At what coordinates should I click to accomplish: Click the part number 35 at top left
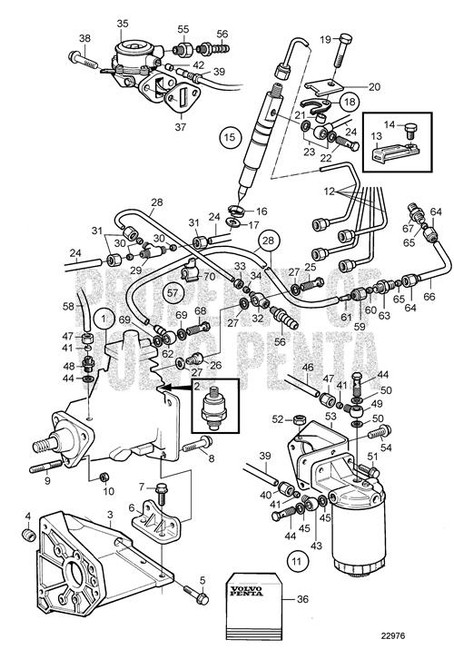(x=123, y=22)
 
